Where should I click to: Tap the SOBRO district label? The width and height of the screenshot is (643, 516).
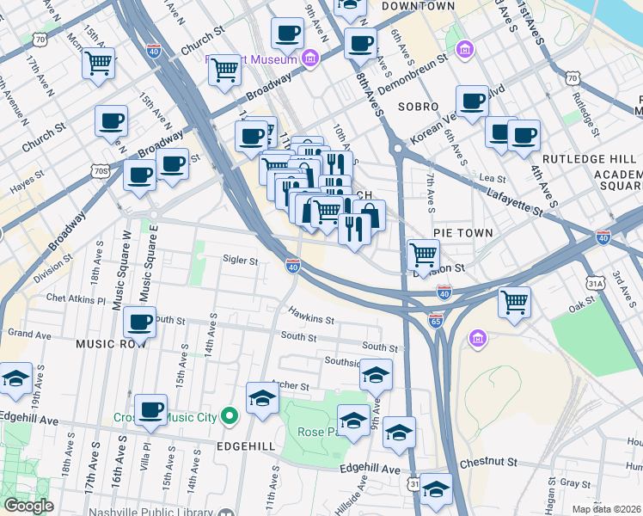419,107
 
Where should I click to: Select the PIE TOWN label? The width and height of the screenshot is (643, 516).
462,233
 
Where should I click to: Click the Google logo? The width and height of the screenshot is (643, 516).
28,506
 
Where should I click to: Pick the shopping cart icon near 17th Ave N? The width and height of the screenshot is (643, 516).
98,62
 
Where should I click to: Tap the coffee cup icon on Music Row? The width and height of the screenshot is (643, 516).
139,324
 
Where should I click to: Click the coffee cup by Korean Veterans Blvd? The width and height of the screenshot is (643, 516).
472,101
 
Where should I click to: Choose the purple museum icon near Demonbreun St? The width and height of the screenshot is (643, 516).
465,51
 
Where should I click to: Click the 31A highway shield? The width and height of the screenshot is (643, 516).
595,282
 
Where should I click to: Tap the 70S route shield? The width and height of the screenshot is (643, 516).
101,171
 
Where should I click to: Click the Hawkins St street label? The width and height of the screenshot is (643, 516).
310,319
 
